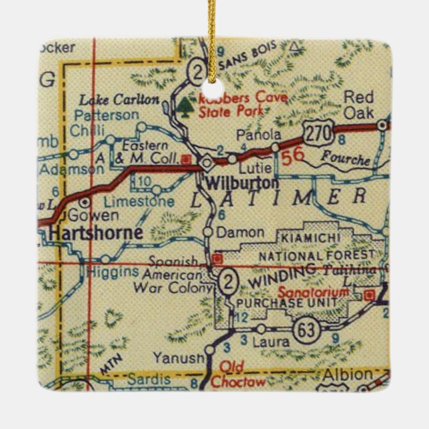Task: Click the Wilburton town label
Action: [x=232, y=182]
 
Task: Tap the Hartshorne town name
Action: [x=95, y=233]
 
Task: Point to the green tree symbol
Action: [x=185, y=105]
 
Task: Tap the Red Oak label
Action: [x=358, y=105]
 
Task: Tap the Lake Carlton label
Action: [x=120, y=101]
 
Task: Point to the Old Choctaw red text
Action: [x=233, y=375]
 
